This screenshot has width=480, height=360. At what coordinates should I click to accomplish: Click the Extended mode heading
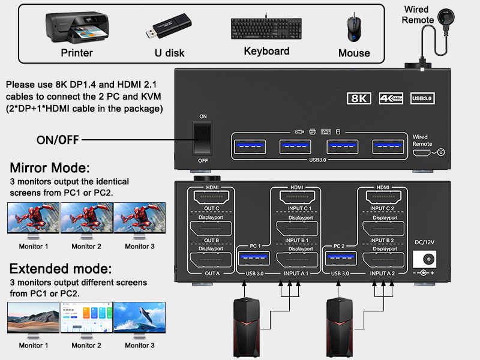[x=60, y=268]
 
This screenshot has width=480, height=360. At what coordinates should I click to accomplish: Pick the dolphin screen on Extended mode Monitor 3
[x=140, y=317]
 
